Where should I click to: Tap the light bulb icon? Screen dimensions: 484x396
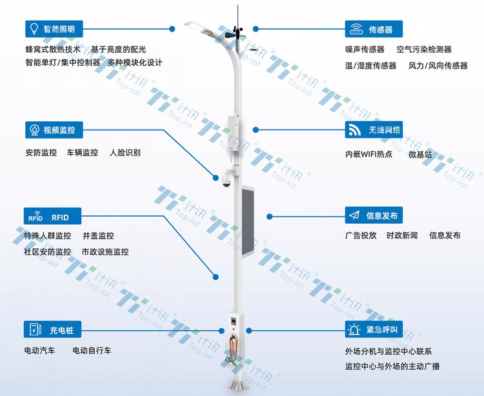[34, 28]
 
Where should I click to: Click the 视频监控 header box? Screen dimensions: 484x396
[54, 130]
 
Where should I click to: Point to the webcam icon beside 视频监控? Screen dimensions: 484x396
[34, 130]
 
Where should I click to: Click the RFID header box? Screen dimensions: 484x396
[52, 216]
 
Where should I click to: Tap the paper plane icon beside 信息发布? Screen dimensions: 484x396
[354, 215]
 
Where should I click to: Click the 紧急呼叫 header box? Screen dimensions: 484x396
[374, 330]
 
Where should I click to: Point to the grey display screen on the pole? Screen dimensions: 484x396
[248, 221]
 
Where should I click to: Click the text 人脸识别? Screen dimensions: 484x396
[125, 152]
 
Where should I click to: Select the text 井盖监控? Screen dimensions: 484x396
[98, 235]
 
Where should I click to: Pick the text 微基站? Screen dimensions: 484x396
[420, 154]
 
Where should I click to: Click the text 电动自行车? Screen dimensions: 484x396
[92, 350]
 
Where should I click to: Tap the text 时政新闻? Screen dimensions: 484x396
[402, 235]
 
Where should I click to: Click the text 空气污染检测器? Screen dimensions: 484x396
[424, 50]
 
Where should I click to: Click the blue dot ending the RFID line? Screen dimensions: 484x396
[216, 277]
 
